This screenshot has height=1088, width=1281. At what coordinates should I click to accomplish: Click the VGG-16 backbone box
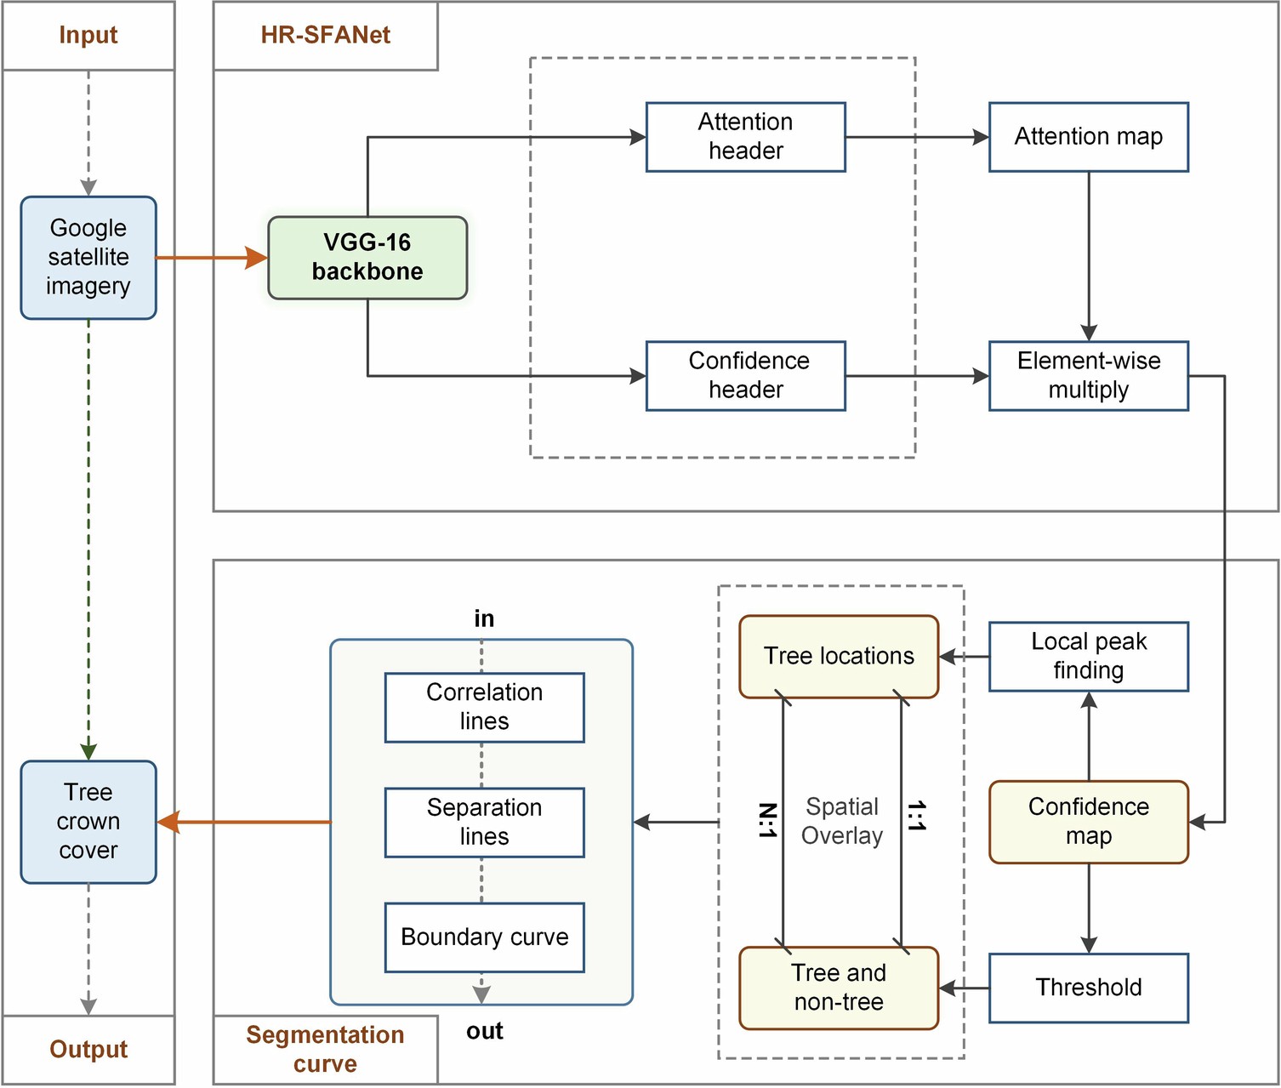[367, 258]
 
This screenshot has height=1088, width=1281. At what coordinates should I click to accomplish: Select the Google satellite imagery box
[88, 258]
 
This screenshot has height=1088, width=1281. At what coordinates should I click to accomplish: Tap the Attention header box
[745, 137]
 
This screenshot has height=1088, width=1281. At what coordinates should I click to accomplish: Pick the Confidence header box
[745, 376]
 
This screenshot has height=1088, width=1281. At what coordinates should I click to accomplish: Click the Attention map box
[1088, 137]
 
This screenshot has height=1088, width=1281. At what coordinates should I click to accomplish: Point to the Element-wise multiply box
[1088, 376]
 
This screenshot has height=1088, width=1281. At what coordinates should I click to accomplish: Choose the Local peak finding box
[1088, 656]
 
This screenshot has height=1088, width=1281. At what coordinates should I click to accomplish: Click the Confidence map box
[1088, 822]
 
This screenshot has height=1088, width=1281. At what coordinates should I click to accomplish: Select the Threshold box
[1088, 988]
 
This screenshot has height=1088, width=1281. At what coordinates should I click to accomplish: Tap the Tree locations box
[839, 657]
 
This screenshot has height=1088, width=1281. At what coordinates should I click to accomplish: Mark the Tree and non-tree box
[839, 988]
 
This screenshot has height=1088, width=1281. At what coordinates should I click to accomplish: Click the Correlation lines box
[484, 707]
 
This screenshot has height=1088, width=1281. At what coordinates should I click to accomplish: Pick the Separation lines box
[484, 822]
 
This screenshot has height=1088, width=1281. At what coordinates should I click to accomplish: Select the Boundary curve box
[484, 937]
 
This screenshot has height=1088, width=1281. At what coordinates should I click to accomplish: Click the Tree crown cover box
[88, 822]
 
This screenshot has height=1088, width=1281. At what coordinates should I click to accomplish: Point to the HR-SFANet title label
[325, 36]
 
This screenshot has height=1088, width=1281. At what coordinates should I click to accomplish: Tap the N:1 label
[766, 820]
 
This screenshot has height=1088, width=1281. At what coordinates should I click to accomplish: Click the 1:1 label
[916, 817]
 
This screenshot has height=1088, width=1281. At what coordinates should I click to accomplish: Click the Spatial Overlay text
[841, 821]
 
